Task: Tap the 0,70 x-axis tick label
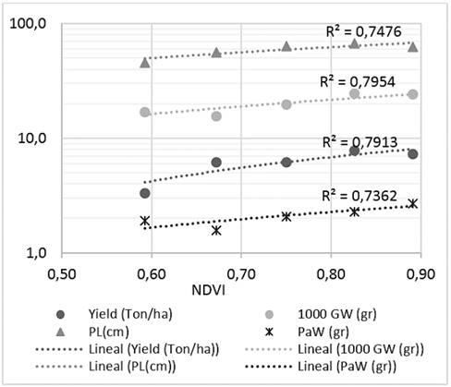coord(240,273)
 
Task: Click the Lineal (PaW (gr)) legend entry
coord(320,370)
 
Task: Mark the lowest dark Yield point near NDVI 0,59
coord(145,193)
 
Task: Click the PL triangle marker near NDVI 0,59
coord(145,62)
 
